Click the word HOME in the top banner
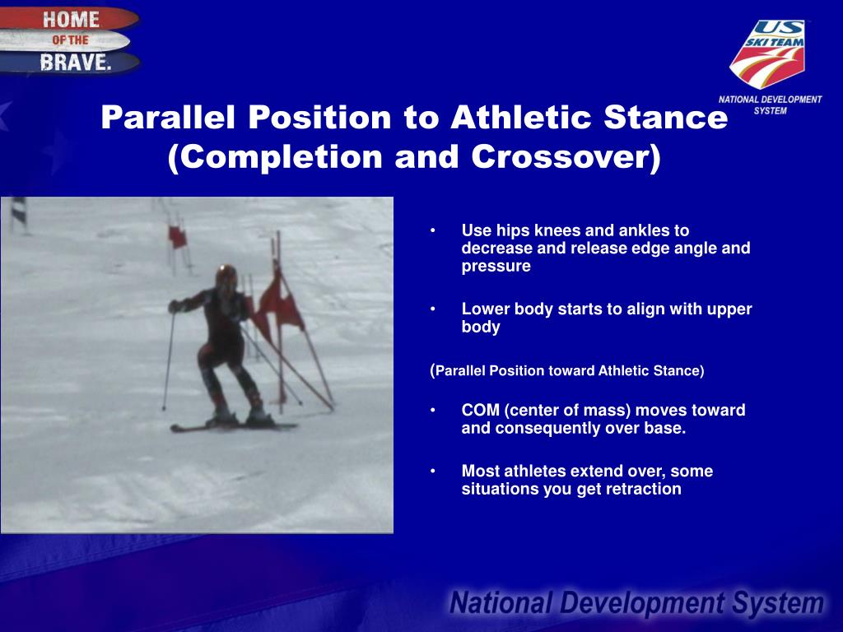point(71,20)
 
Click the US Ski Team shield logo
point(768,53)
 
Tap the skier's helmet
point(226,277)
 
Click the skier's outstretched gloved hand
point(175,306)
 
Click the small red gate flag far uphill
point(178,236)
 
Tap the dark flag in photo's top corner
point(19,210)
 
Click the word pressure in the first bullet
point(496,266)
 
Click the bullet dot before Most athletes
point(433,472)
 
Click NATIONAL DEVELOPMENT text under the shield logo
point(770,100)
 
